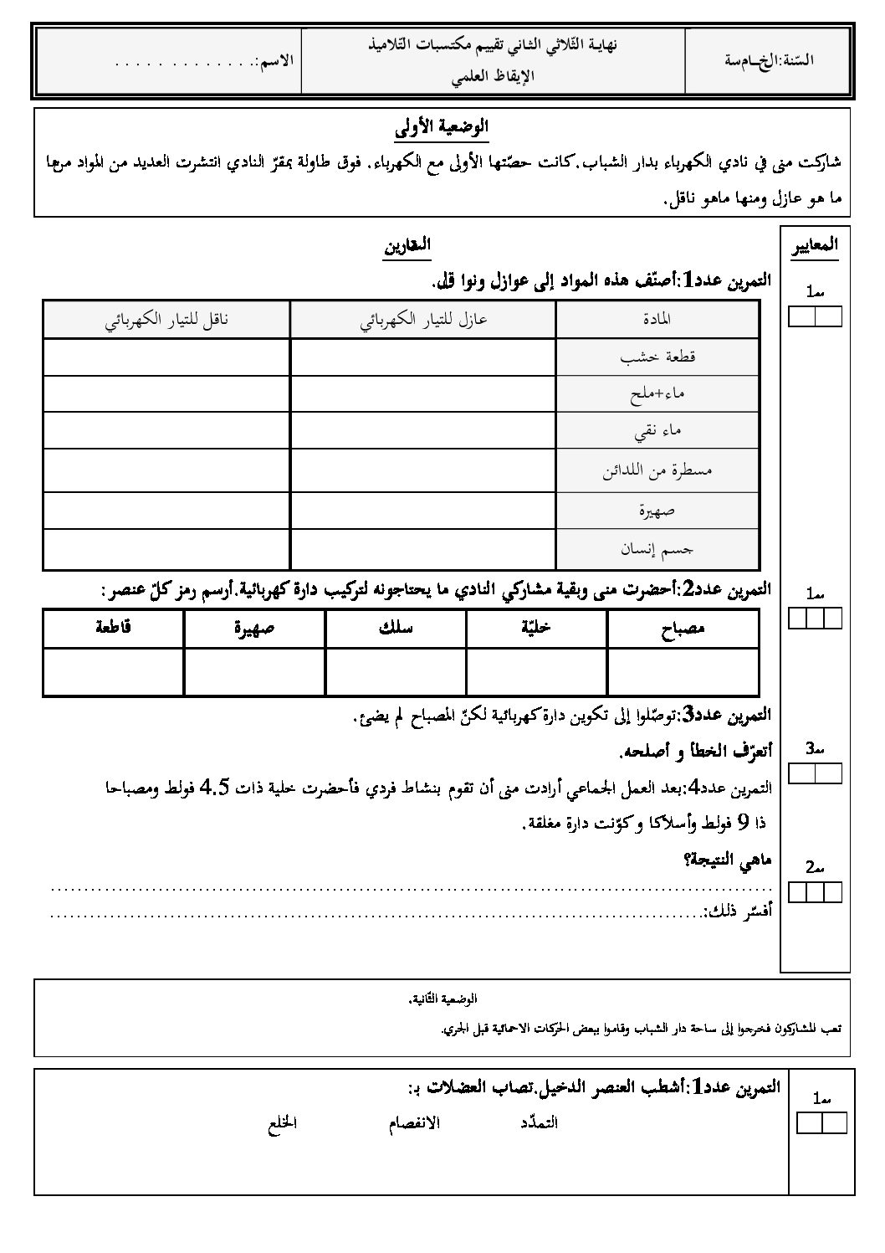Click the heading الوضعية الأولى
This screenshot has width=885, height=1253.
point(442,130)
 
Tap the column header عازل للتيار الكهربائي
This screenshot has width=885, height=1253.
point(423,319)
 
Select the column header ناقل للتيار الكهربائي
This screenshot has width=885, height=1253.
point(166,319)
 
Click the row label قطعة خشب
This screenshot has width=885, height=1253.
point(657,357)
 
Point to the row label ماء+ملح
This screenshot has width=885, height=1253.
point(657,393)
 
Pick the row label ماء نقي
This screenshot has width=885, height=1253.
point(657,430)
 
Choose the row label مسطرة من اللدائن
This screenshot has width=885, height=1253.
point(657,470)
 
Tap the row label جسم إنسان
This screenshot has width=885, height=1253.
point(657,549)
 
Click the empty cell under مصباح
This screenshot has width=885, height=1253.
point(683,671)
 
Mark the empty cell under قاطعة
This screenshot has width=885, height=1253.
point(113,671)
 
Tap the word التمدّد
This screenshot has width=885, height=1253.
point(538,1123)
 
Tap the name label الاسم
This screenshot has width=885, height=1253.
point(276,61)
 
